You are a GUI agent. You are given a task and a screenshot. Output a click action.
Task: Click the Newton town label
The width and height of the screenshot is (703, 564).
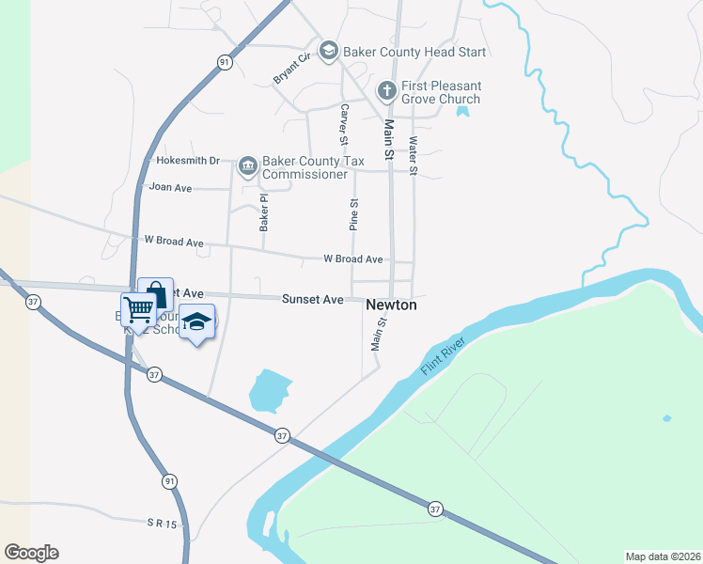tap(390, 305)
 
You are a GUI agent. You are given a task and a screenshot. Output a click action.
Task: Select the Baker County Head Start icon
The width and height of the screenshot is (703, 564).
tap(329, 52)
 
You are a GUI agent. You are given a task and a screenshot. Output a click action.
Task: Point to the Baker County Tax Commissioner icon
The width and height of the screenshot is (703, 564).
tap(247, 166)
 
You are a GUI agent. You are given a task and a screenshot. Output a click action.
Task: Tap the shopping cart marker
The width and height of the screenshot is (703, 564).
tap(138, 308)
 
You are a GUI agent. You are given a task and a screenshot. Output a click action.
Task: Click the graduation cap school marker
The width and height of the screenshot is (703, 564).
tap(196, 322)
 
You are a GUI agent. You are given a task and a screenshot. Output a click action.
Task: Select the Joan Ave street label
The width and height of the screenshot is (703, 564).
tap(170, 188)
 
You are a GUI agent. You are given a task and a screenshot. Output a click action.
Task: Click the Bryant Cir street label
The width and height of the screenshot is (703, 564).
tap(291, 70)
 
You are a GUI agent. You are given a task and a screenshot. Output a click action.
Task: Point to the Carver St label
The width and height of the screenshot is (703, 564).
tap(344, 125)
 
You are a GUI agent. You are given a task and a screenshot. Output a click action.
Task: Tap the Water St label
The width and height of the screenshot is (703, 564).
tap(413, 155)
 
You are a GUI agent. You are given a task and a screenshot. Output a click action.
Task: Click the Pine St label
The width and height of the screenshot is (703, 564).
tap(354, 214)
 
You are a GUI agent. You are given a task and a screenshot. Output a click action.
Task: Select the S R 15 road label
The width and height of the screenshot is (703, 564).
tap(161, 522)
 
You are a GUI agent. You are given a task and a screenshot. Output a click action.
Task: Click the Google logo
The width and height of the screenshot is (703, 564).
tap(31, 553)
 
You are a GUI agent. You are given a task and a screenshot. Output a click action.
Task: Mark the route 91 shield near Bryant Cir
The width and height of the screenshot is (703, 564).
tap(224, 62)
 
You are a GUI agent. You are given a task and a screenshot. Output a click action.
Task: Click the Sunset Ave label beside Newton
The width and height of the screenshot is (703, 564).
tap(313, 299)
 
